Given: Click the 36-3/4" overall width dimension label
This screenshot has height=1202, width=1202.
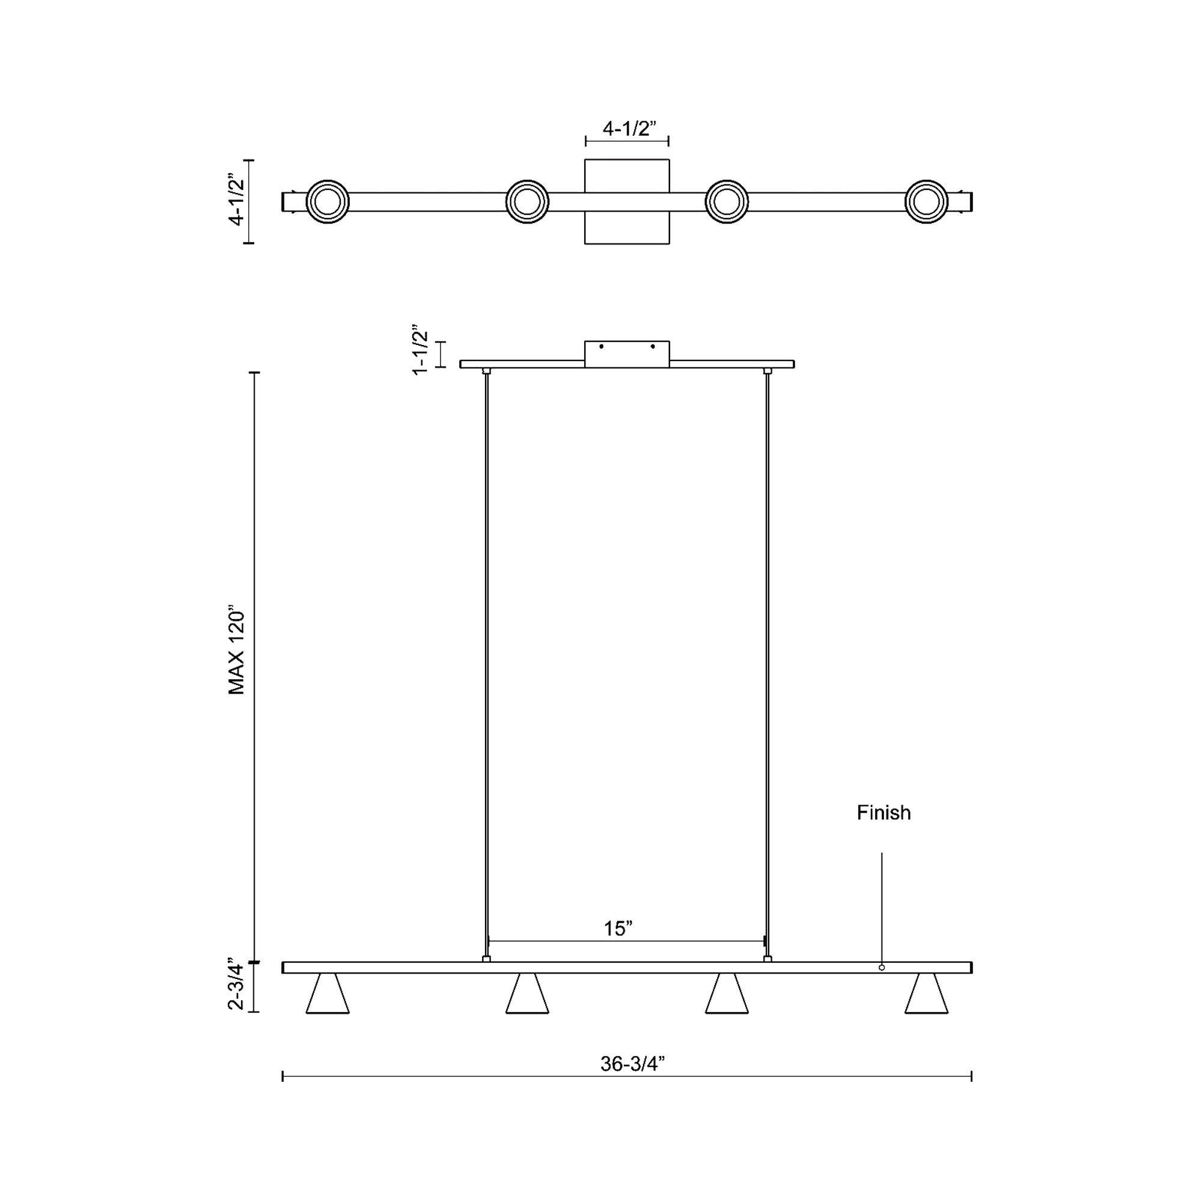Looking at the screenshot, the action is (633, 1064).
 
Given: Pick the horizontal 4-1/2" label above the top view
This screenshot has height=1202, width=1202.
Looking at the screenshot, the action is (630, 129).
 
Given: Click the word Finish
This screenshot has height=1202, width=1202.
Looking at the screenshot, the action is (883, 813).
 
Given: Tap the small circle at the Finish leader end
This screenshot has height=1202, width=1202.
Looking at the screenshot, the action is (882, 968).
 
